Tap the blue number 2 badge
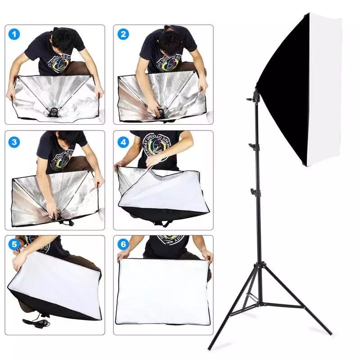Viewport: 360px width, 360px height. (123, 35)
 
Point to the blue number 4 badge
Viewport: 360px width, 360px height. (123, 142)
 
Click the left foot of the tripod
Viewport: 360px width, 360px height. (210, 347)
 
